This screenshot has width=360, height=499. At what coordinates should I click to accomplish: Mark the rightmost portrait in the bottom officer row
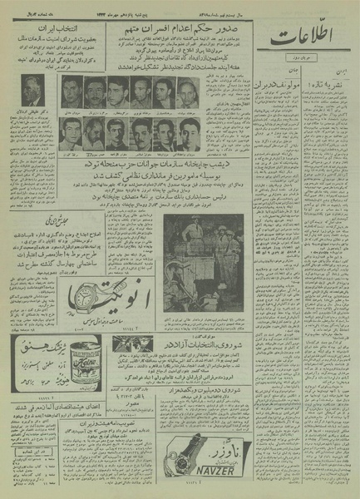190,131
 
